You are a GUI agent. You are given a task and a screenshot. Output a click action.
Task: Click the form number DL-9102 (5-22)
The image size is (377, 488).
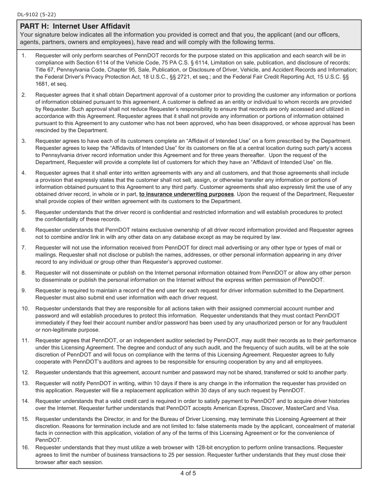tap(37, 15)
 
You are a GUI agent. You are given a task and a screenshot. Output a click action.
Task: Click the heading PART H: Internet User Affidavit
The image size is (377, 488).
tap(75, 26)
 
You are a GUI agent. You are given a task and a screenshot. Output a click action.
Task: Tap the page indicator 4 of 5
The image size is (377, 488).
tap(188, 473)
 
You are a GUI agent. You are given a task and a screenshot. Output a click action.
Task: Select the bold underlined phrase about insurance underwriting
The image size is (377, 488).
tap(186, 194)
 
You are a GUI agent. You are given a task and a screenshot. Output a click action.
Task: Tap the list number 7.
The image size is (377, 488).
tap(24, 248)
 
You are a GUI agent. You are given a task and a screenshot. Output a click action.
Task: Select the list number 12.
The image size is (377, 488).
tap(25, 372)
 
